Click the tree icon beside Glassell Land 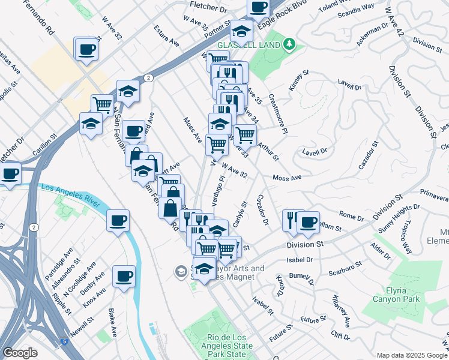289,44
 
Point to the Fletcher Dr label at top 208,9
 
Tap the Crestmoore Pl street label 279,113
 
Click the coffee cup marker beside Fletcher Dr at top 258,8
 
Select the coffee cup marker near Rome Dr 309,222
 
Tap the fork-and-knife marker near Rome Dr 292,220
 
